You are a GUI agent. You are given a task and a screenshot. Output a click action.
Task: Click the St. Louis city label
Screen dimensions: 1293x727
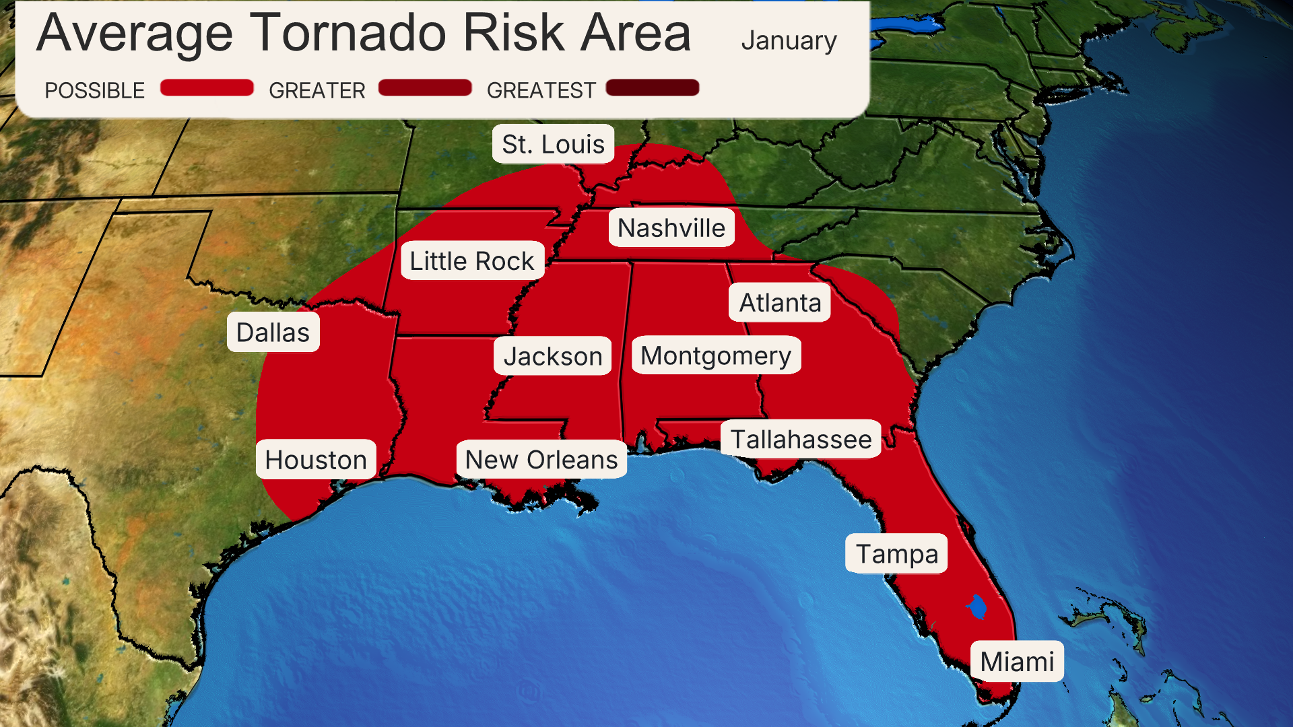[x=553, y=144]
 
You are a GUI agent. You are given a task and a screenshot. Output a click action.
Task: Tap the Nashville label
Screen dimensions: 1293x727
[x=671, y=228]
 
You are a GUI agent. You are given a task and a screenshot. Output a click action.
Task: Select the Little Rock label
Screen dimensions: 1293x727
[x=471, y=261]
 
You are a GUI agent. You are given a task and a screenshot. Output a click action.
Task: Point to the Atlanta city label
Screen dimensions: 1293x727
[x=780, y=303]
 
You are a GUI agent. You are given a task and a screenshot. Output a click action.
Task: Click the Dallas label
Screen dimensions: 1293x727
[x=273, y=333]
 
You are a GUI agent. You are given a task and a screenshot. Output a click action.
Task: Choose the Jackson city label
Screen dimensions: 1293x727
[x=552, y=356]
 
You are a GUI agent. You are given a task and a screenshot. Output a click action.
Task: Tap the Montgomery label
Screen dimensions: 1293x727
[x=716, y=355]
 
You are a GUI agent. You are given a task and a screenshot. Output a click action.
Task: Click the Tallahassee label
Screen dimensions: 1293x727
[x=801, y=440]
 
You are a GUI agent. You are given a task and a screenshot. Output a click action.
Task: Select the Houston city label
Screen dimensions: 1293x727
[x=316, y=460]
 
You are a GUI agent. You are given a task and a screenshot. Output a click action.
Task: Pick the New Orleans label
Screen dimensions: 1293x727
[x=541, y=460]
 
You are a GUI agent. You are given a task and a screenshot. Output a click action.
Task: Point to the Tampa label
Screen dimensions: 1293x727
[x=896, y=554]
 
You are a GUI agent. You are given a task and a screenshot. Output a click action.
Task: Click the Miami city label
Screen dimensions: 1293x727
[x=1017, y=662]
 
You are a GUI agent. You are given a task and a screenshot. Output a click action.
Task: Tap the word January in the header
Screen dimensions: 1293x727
[x=789, y=40]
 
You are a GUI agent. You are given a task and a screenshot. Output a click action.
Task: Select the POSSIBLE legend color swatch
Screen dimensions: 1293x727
[x=207, y=88]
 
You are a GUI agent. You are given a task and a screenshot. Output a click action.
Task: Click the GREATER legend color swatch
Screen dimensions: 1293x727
[x=425, y=88]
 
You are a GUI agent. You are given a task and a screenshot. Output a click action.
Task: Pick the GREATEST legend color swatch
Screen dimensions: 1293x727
[x=653, y=88]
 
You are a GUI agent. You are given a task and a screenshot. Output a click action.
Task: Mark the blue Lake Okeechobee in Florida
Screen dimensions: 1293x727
[x=977, y=607]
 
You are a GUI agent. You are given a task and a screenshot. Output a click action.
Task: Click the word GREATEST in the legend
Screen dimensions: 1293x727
[x=541, y=90]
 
